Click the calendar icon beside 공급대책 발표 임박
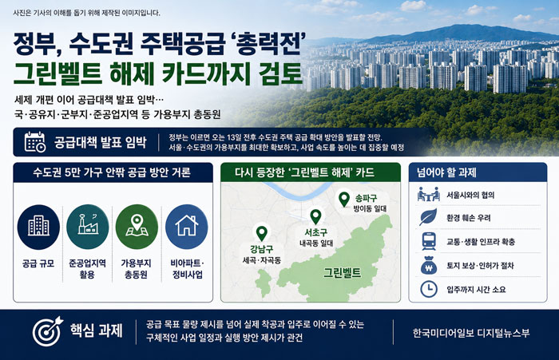[x=35, y=142]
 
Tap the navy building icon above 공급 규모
[x=38, y=227]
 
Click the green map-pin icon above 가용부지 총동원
[x=137, y=227]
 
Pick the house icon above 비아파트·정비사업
[x=186, y=227]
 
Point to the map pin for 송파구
[x=344, y=199]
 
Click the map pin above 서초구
[x=316, y=216]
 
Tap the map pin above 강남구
[x=262, y=233]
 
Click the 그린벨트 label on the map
[x=343, y=273]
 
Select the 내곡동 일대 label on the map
[x=316, y=243]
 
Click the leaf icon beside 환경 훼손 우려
[x=428, y=217]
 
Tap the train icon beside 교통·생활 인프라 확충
[x=429, y=241]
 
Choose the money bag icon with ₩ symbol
[x=429, y=266]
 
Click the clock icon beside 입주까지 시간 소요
[x=429, y=289]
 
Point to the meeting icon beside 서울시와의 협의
[x=428, y=194]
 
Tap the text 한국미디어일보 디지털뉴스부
[x=471, y=333]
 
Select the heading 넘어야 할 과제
[x=446, y=173]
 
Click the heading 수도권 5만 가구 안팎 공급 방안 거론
[x=112, y=172]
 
